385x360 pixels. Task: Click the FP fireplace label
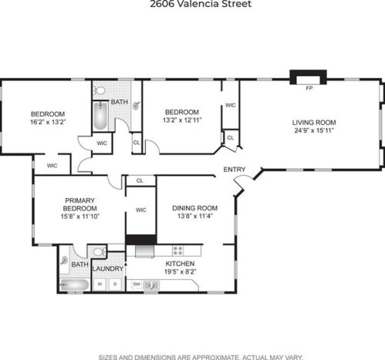[309, 89]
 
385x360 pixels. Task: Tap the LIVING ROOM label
[314, 123]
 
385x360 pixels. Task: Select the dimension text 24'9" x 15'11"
[314, 130]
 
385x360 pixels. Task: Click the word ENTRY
[235, 170]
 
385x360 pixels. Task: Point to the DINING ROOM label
[195, 208]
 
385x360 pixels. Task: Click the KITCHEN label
[180, 264]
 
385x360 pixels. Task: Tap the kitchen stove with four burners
[178, 251]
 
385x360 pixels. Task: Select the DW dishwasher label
[137, 284]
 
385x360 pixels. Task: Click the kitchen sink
[151, 285]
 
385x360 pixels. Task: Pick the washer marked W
[100, 284]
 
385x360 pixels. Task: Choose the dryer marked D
[115, 284]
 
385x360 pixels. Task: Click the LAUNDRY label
[108, 269]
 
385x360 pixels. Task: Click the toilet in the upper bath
[100, 90]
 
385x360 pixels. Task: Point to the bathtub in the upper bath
[100, 116]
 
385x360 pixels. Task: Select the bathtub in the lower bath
[75, 285]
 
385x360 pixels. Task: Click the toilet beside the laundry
[100, 251]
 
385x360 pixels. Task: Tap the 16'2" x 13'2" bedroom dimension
[49, 122]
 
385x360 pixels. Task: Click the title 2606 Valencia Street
[201, 4]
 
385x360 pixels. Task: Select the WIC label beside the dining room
[141, 210]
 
